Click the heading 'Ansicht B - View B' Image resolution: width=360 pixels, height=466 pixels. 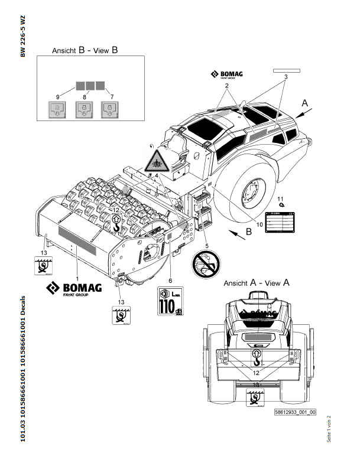(x=85, y=50)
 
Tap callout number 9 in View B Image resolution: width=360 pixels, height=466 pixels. (x=58, y=96)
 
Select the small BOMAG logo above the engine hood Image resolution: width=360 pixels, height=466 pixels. (x=227, y=74)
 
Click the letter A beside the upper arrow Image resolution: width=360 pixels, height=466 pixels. (x=305, y=103)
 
